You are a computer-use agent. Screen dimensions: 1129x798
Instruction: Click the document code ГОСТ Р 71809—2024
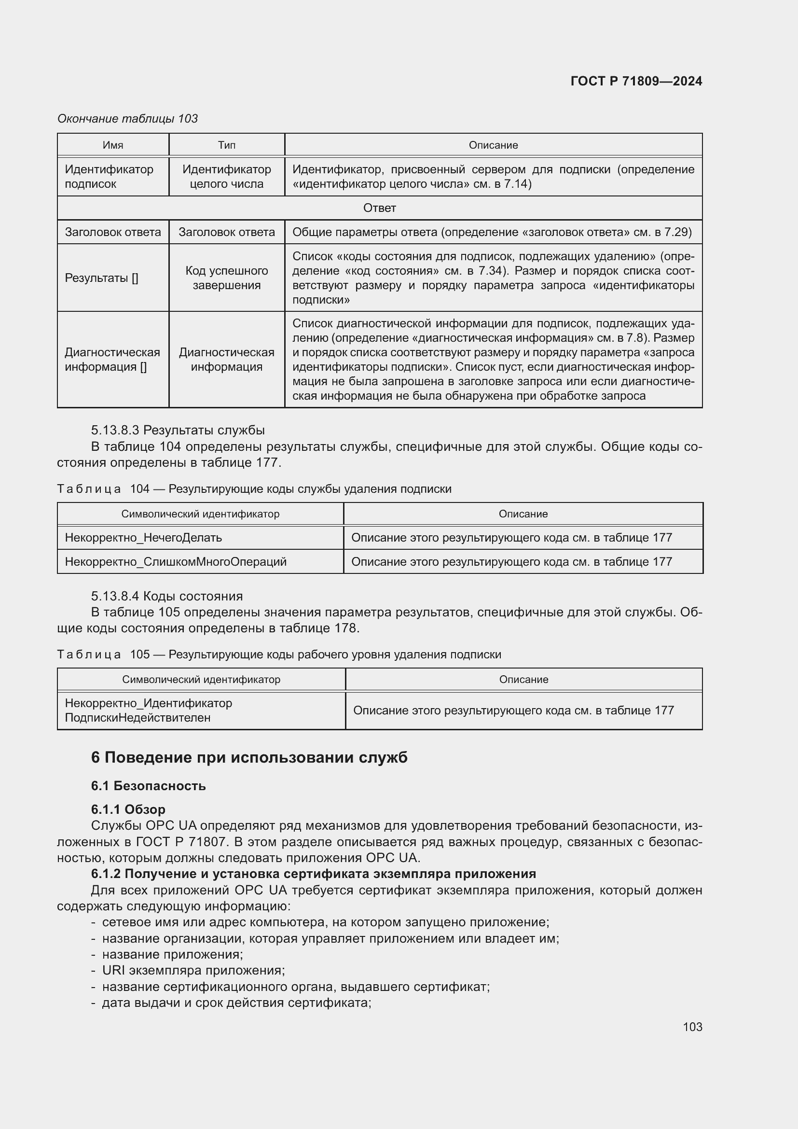(x=636, y=81)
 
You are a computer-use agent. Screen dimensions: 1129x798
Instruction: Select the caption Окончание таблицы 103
(x=127, y=119)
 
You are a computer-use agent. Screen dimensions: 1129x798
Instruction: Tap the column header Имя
(x=113, y=145)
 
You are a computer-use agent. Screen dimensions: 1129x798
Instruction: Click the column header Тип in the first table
(x=227, y=145)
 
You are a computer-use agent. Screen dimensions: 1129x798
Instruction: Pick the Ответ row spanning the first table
(x=379, y=208)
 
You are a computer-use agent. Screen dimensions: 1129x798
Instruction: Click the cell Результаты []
(x=102, y=278)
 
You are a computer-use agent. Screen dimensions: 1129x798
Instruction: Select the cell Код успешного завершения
(x=227, y=278)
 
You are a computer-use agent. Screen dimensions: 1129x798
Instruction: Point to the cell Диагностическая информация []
(x=112, y=360)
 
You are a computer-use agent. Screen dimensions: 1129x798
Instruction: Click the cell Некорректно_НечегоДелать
(x=143, y=537)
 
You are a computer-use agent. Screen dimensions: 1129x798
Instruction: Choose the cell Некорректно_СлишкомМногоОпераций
(x=176, y=561)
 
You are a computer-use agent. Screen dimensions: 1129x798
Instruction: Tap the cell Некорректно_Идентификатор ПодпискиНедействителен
(x=149, y=710)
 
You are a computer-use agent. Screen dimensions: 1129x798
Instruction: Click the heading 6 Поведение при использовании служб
(x=249, y=758)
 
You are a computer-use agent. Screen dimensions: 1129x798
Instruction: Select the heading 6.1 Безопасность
(x=149, y=786)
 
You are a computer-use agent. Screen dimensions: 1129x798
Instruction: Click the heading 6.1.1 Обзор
(x=128, y=809)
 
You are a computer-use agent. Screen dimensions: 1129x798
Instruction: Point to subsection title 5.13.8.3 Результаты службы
(x=178, y=430)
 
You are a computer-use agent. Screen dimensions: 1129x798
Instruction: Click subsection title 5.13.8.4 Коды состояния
(x=167, y=596)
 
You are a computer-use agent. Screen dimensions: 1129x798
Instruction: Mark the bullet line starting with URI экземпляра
(x=193, y=970)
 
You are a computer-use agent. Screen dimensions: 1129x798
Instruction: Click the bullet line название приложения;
(x=172, y=954)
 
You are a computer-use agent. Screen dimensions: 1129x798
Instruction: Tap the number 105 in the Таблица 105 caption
(x=140, y=655)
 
